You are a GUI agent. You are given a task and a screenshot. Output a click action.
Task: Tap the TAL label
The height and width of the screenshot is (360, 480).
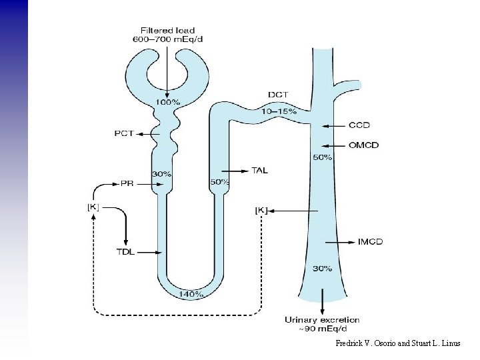point(259,170)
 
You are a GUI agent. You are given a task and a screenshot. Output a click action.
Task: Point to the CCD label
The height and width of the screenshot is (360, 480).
point(359,125)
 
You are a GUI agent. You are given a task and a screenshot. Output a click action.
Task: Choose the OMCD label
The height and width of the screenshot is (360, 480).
point(363,145)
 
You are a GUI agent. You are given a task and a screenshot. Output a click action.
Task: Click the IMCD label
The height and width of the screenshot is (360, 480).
point(370,241)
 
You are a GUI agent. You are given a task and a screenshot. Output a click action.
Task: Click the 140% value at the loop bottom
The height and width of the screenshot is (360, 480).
point(191,293)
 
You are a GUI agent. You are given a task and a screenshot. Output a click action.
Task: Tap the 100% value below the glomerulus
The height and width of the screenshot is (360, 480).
point(167,102)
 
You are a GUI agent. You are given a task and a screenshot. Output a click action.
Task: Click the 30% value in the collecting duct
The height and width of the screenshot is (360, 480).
point(323,269)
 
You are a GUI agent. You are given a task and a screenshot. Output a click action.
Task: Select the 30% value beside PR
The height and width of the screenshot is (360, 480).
point(161,174)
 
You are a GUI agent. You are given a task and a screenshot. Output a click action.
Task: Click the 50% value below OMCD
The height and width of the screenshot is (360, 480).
point(323,157)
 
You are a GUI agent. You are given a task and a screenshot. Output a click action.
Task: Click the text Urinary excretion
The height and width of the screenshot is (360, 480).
point(322,320)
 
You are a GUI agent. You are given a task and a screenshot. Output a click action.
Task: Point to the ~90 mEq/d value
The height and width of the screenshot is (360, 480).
point(322,328)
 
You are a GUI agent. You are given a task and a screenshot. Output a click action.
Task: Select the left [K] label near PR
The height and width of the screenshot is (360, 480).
point(93,207)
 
